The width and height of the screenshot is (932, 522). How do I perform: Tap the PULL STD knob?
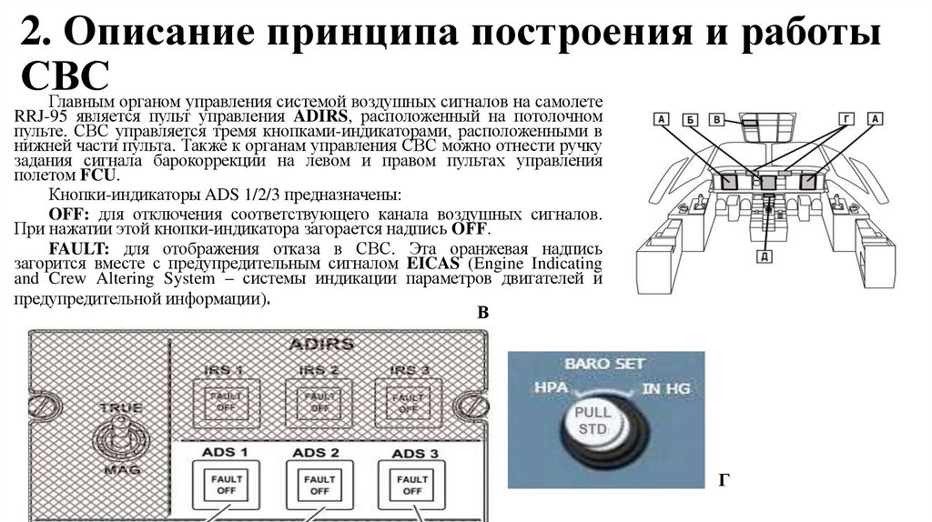click(x=596, y=423)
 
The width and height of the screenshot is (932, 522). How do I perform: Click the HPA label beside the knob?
click(x=552, y=387)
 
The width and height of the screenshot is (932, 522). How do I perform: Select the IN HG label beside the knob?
click(x=666, y=388)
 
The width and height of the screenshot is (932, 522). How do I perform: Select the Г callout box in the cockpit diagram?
click(x=847, y=119)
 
